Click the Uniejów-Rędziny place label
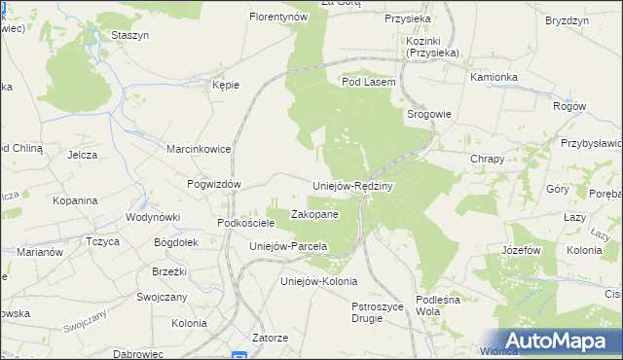tap(351, 186)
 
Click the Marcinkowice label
tap(198, 150)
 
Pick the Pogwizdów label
tap(214, 184)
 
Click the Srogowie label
tap(428, 114)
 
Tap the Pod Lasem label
tap(368, 83)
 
